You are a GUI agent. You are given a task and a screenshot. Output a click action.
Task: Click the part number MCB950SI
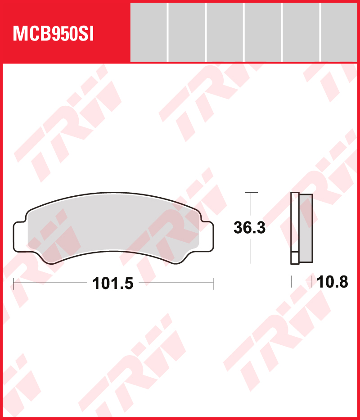tap(53, 34)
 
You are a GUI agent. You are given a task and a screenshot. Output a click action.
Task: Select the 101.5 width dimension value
tap(112, 284)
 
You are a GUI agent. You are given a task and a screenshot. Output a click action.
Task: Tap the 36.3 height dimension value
tap(249, 227)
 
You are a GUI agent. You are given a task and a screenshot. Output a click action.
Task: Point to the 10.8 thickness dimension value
tap(332, 282)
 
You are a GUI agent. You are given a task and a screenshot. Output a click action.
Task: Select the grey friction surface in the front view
tap(113, 228)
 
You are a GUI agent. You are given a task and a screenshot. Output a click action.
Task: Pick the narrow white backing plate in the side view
tap(295, 228)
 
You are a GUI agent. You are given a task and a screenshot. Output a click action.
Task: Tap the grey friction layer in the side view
tap(306, 228)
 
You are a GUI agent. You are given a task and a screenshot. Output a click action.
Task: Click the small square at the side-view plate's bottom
tap(295, 258)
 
